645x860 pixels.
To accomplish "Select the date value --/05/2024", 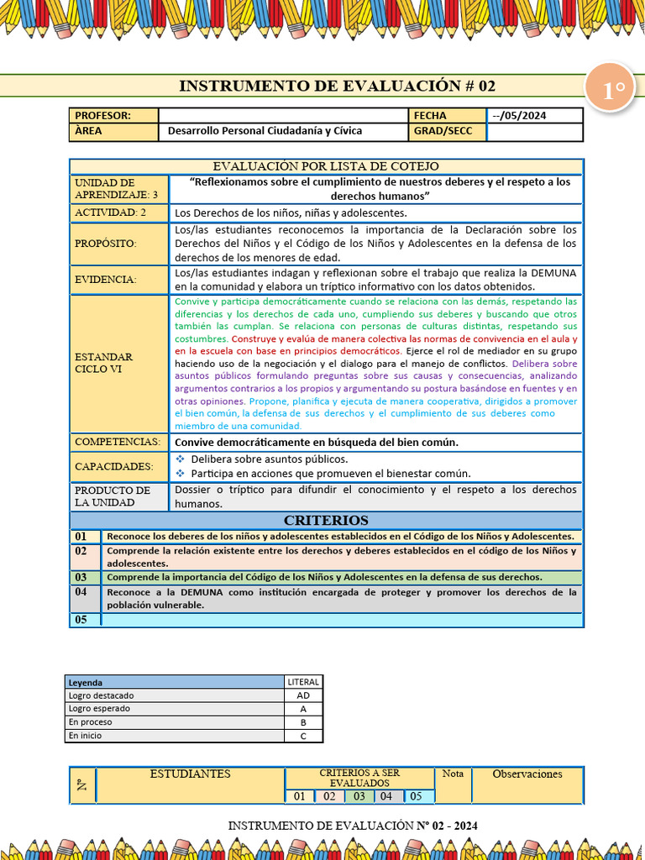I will pyautogui.click(x=519, y=116).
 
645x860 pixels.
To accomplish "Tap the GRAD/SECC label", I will pyautogui.click(x=443, y=131).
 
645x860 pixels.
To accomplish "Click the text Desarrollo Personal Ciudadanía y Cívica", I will pyautogui.click(x=265, y=131).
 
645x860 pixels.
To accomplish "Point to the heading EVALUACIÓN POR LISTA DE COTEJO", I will pyautogui.click(x=325, y=166).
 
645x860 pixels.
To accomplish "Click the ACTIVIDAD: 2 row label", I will pyautogui.click(x=110, y=212).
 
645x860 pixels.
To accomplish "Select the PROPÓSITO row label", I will pyautogui.click(x=105, y=244).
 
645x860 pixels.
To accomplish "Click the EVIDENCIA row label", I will pyautogui.click(x=106, y=280).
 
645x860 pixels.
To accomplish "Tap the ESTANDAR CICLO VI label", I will pyautogui.click(x=104, y=363).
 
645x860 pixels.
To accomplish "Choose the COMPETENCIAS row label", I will pyautogui.click(x=118, y=442).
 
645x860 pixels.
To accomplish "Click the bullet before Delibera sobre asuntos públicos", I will pyautogui.click(x=181, y=459).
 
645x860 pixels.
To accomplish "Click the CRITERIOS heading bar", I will pyautogui.click(x=325, y=521).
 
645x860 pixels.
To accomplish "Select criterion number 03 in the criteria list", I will pyautogui.click(x=81, y=578).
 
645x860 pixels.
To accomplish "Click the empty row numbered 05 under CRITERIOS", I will pyautogui.click(x=341, y=620).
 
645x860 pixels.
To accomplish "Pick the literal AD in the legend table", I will pyautogui.click(x=303, y=695).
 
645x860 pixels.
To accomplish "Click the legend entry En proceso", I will pyautogui.click(x=91, y=722).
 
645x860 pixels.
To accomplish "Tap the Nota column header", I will pyautogui.click(x=453, y=773).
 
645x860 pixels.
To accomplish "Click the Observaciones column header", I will pyautogui.click(x=527, y=774).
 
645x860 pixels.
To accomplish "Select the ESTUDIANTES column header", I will pyautogui.click(x=190, y=774).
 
